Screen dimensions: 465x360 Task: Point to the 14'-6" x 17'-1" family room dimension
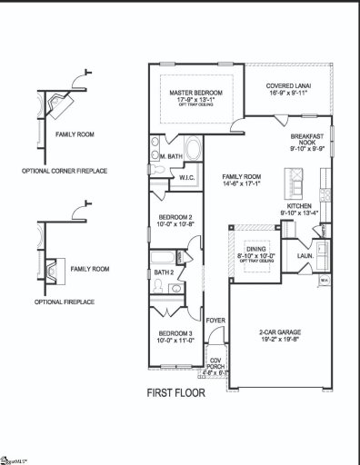[241, 184]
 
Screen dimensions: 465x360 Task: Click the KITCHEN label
[299, 206]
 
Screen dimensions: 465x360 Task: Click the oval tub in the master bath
[194, 147]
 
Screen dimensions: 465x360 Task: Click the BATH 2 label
[164, 272]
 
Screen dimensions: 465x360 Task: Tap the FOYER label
[215, 320]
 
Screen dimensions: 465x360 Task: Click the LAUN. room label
[305, 256]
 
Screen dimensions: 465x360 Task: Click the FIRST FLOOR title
[176, 393]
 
